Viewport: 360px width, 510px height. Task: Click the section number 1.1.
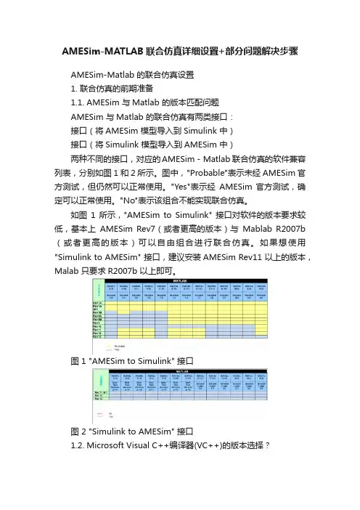(81, 104)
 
